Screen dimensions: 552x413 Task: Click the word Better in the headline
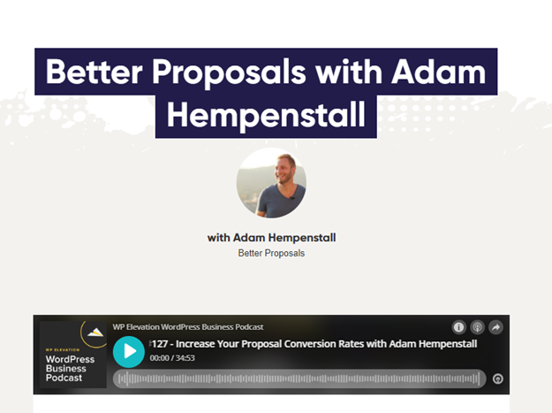coord(94,72)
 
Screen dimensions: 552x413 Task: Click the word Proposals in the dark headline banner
coord(229,73)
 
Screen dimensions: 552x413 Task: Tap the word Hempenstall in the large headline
coord(266,115)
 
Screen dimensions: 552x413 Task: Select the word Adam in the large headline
coord(439,72)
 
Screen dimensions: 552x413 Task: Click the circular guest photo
coord(271,182)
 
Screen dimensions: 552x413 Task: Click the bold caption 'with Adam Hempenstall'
coord(271,238)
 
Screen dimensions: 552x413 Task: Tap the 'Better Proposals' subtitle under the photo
coord(271,253)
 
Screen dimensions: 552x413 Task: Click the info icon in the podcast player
coord(458,327)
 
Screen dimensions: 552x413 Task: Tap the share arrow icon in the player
coord(496,327)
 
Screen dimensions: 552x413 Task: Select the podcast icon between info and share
coord(477,327)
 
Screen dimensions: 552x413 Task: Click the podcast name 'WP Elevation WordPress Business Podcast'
coord(188,327)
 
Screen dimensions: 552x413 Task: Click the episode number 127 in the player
coord(160,344)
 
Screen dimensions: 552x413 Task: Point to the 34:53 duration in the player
coord(185,358)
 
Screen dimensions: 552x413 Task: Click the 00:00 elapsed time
coord(160,358)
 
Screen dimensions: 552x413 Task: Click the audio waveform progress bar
coord(299,379)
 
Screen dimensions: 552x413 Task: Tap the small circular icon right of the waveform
coord(498,379)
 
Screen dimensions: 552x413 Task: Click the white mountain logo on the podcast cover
coord(95,333)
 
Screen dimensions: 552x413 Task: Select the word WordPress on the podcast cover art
coord(70,359)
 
